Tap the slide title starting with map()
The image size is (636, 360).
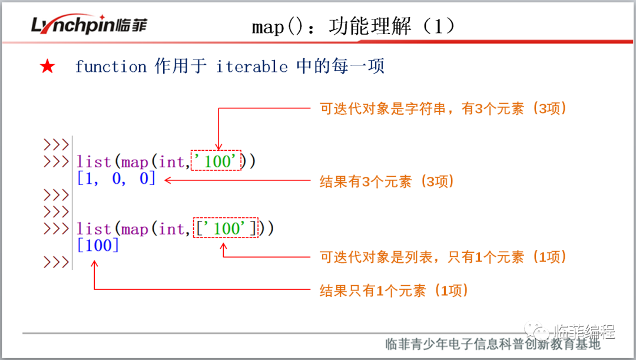353,27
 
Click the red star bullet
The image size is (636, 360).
48,66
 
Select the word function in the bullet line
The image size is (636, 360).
111,67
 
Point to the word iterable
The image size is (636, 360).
252,67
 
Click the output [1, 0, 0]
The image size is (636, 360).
116,178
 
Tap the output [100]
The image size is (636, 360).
98,245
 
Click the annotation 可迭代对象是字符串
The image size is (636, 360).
383,109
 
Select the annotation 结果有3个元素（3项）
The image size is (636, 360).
386,181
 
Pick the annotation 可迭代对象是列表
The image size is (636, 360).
376,257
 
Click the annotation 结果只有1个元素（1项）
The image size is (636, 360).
394,290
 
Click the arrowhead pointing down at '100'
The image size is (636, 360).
218,147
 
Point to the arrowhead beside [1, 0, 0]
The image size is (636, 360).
168,180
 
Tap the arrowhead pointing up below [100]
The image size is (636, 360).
94,264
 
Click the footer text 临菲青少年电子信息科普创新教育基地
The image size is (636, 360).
492,344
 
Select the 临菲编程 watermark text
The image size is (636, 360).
585,332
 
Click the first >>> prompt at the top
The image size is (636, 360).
56,144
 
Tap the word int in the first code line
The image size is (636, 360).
171,162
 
